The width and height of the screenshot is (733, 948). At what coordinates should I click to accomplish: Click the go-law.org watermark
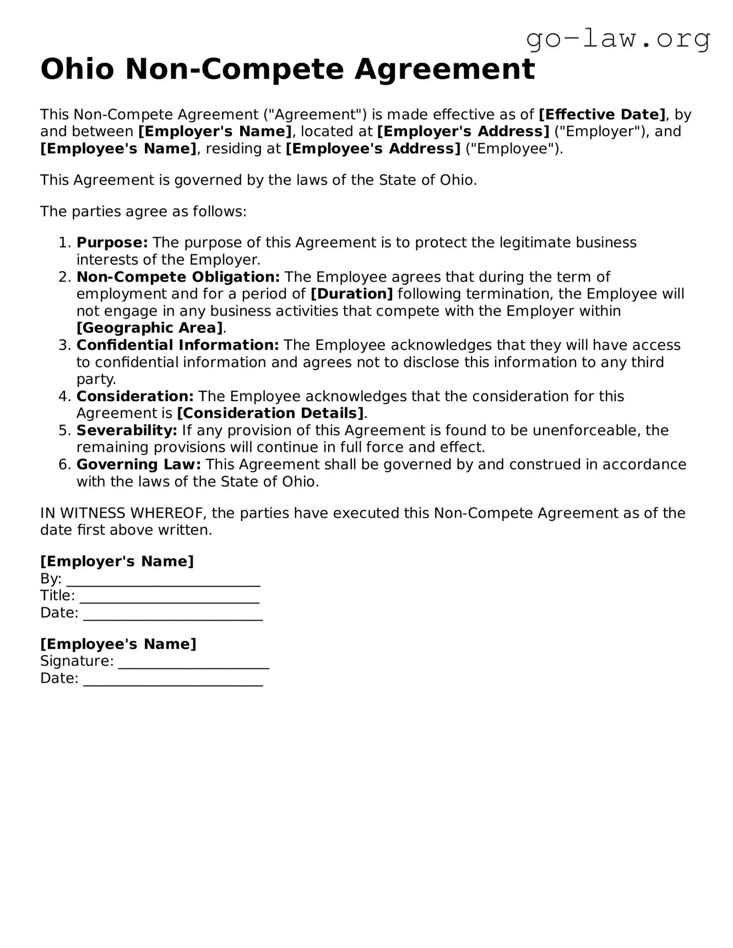coord(618,39)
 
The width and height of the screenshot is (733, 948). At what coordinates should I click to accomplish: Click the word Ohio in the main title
coord(77,69)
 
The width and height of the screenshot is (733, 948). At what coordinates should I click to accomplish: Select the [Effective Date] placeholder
coord(602,114)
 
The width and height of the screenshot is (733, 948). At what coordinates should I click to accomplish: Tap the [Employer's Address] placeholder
coord(463,131)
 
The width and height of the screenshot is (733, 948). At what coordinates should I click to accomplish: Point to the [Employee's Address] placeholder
coord(373,149)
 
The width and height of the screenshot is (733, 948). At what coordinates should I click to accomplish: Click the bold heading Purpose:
coord(112,243)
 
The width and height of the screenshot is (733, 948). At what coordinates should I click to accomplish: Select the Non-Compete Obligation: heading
coord(178,277)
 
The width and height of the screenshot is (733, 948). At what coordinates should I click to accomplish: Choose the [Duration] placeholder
coord(352,294)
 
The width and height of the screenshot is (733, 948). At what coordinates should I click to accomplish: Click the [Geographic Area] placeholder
coord(150,328)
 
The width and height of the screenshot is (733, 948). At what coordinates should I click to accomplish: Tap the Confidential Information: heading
coord(178,345)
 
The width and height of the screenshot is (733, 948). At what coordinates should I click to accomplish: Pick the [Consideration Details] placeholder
coord(270,413)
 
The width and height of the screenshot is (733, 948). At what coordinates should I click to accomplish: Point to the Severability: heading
coord(127,430)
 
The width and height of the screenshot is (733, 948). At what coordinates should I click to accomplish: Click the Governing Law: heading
coord(139,464)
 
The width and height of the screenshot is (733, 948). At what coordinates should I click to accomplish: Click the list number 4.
coord(64,396)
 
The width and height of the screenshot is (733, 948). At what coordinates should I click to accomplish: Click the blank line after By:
coord(163,580)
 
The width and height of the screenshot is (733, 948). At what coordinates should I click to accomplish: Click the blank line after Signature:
coord(193,662)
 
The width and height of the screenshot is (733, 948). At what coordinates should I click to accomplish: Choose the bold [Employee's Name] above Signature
coord(118,644)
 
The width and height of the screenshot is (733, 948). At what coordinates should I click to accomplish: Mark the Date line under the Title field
coord(173,614)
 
